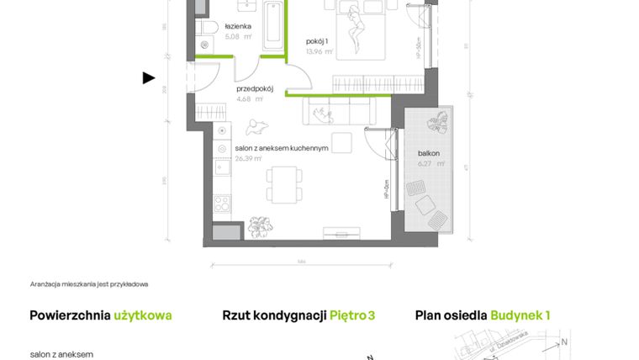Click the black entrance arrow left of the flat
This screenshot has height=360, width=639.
pyautogui.click(x=149, y=78)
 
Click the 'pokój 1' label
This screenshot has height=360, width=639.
pyautogui.click(x=316, y=41)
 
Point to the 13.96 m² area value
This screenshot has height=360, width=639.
pyautogui.click(x=319, y=52)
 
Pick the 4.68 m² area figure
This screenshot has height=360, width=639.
pyautogui.click(x=249, y=98)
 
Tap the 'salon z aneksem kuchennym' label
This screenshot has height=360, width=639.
pyautogui.click(x=281, y=147)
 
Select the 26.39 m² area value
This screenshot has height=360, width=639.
pyautogui.click(x=250, y=157)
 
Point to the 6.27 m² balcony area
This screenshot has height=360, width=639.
pyautogui.click(x=429, y=165)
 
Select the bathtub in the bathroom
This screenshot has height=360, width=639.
pyautogui.click(x=272, y=26)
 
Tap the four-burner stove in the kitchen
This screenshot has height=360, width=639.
pyautogui.click(x=222, y=204)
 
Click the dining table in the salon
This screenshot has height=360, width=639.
pyautogui.click(x=284, y=184)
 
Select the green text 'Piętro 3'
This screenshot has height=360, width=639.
pyautogui.click(x=352, y=315)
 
